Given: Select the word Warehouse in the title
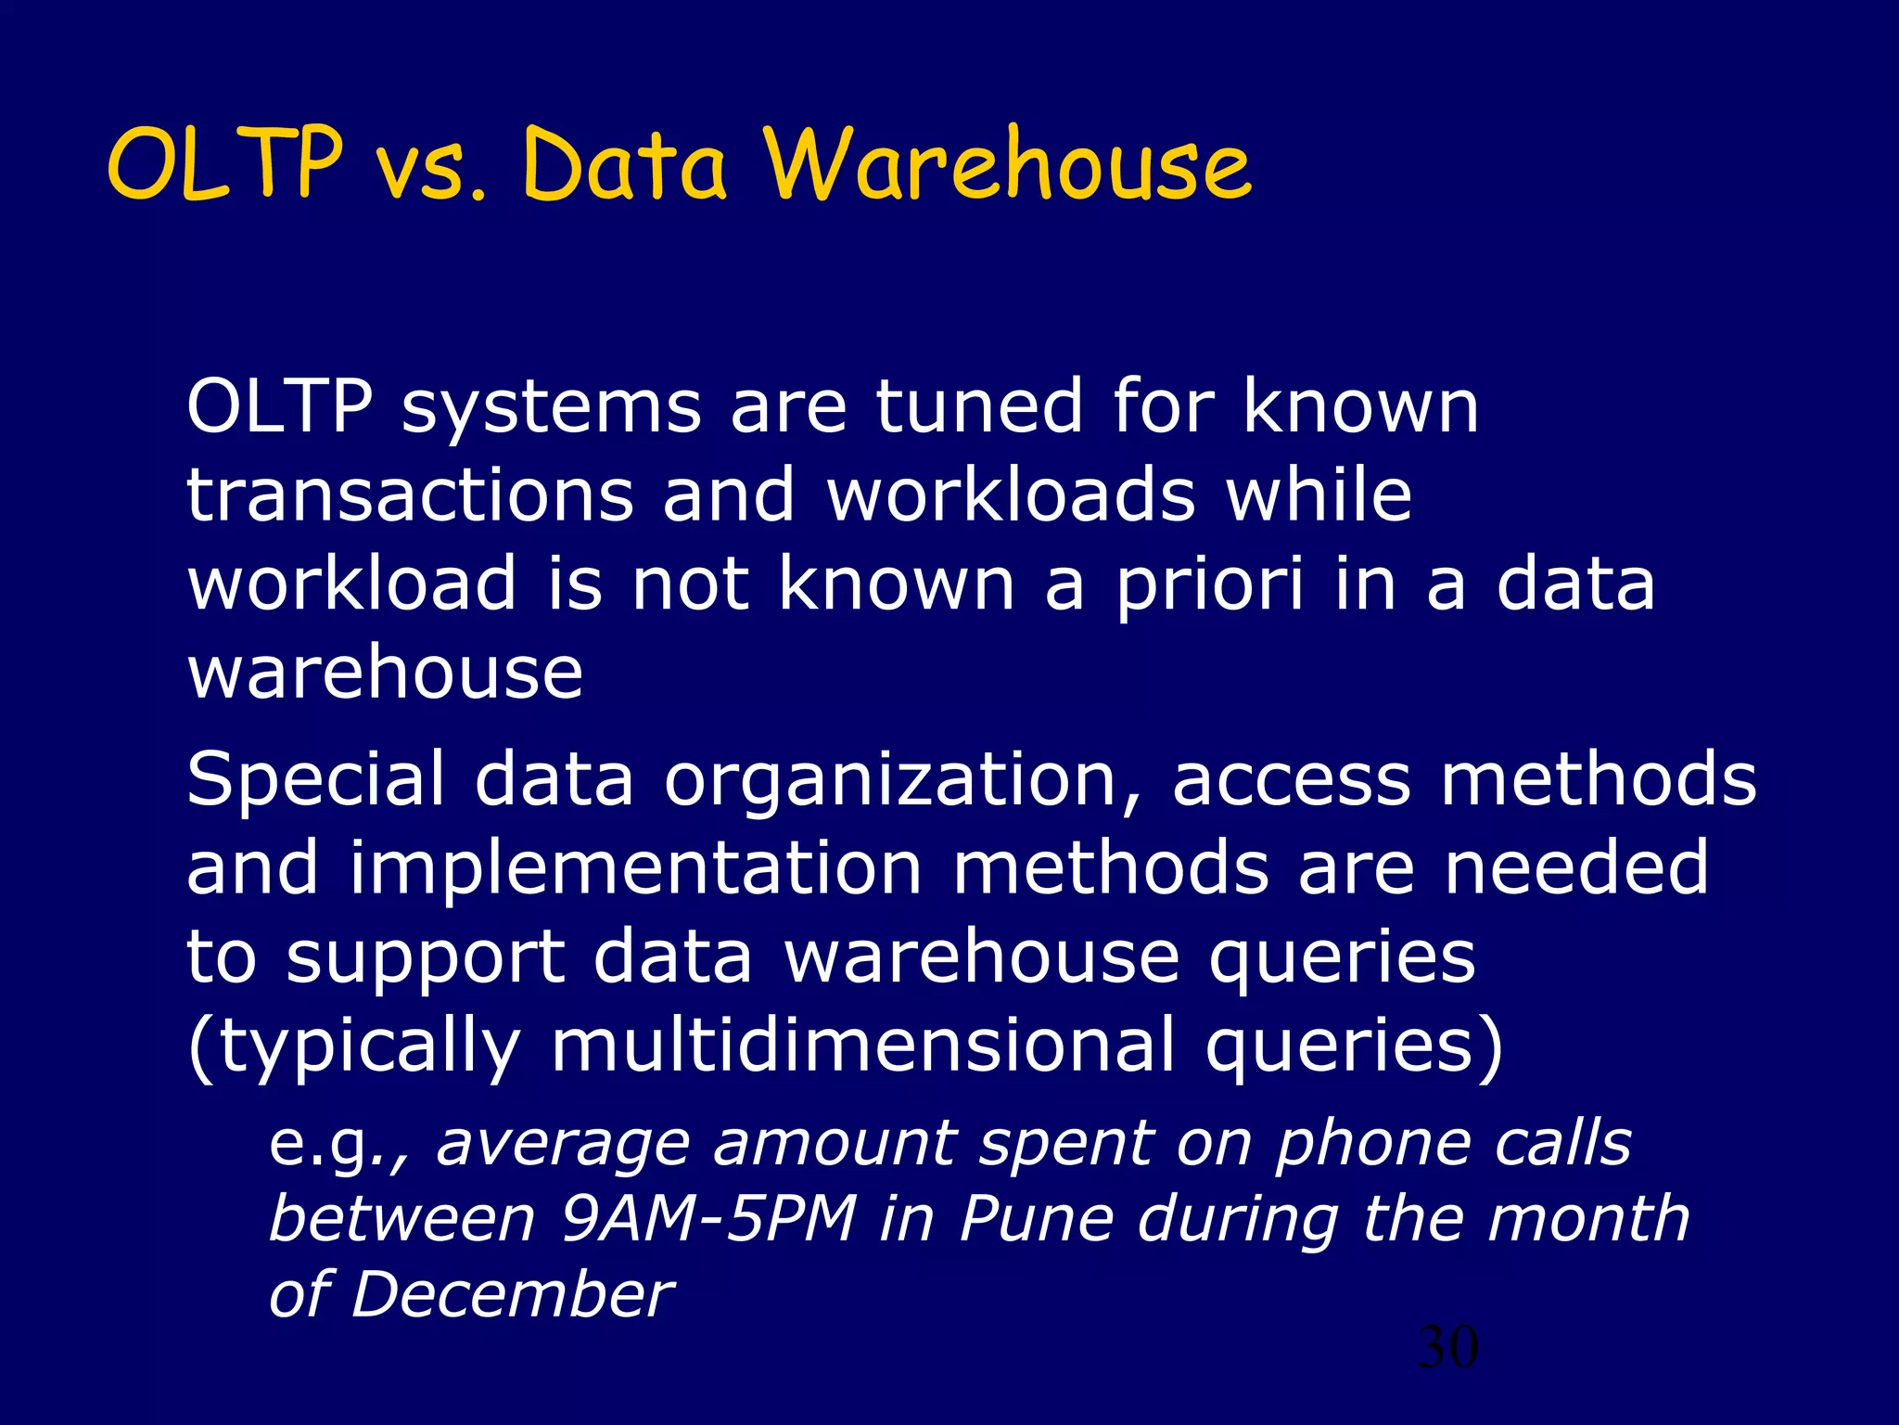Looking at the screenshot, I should pos(1008,165).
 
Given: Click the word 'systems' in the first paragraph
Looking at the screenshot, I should pos(551,409).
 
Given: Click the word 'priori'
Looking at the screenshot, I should pos(1210,587).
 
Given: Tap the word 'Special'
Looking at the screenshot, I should pos(315,779).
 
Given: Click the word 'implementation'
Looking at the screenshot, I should pos(635,868).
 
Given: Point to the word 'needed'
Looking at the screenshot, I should pos(1576,868).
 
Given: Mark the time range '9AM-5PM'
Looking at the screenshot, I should pos(709,1219).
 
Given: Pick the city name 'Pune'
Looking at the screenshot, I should pos(1036,1219).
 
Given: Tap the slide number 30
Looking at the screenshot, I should pos(1448,1347).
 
